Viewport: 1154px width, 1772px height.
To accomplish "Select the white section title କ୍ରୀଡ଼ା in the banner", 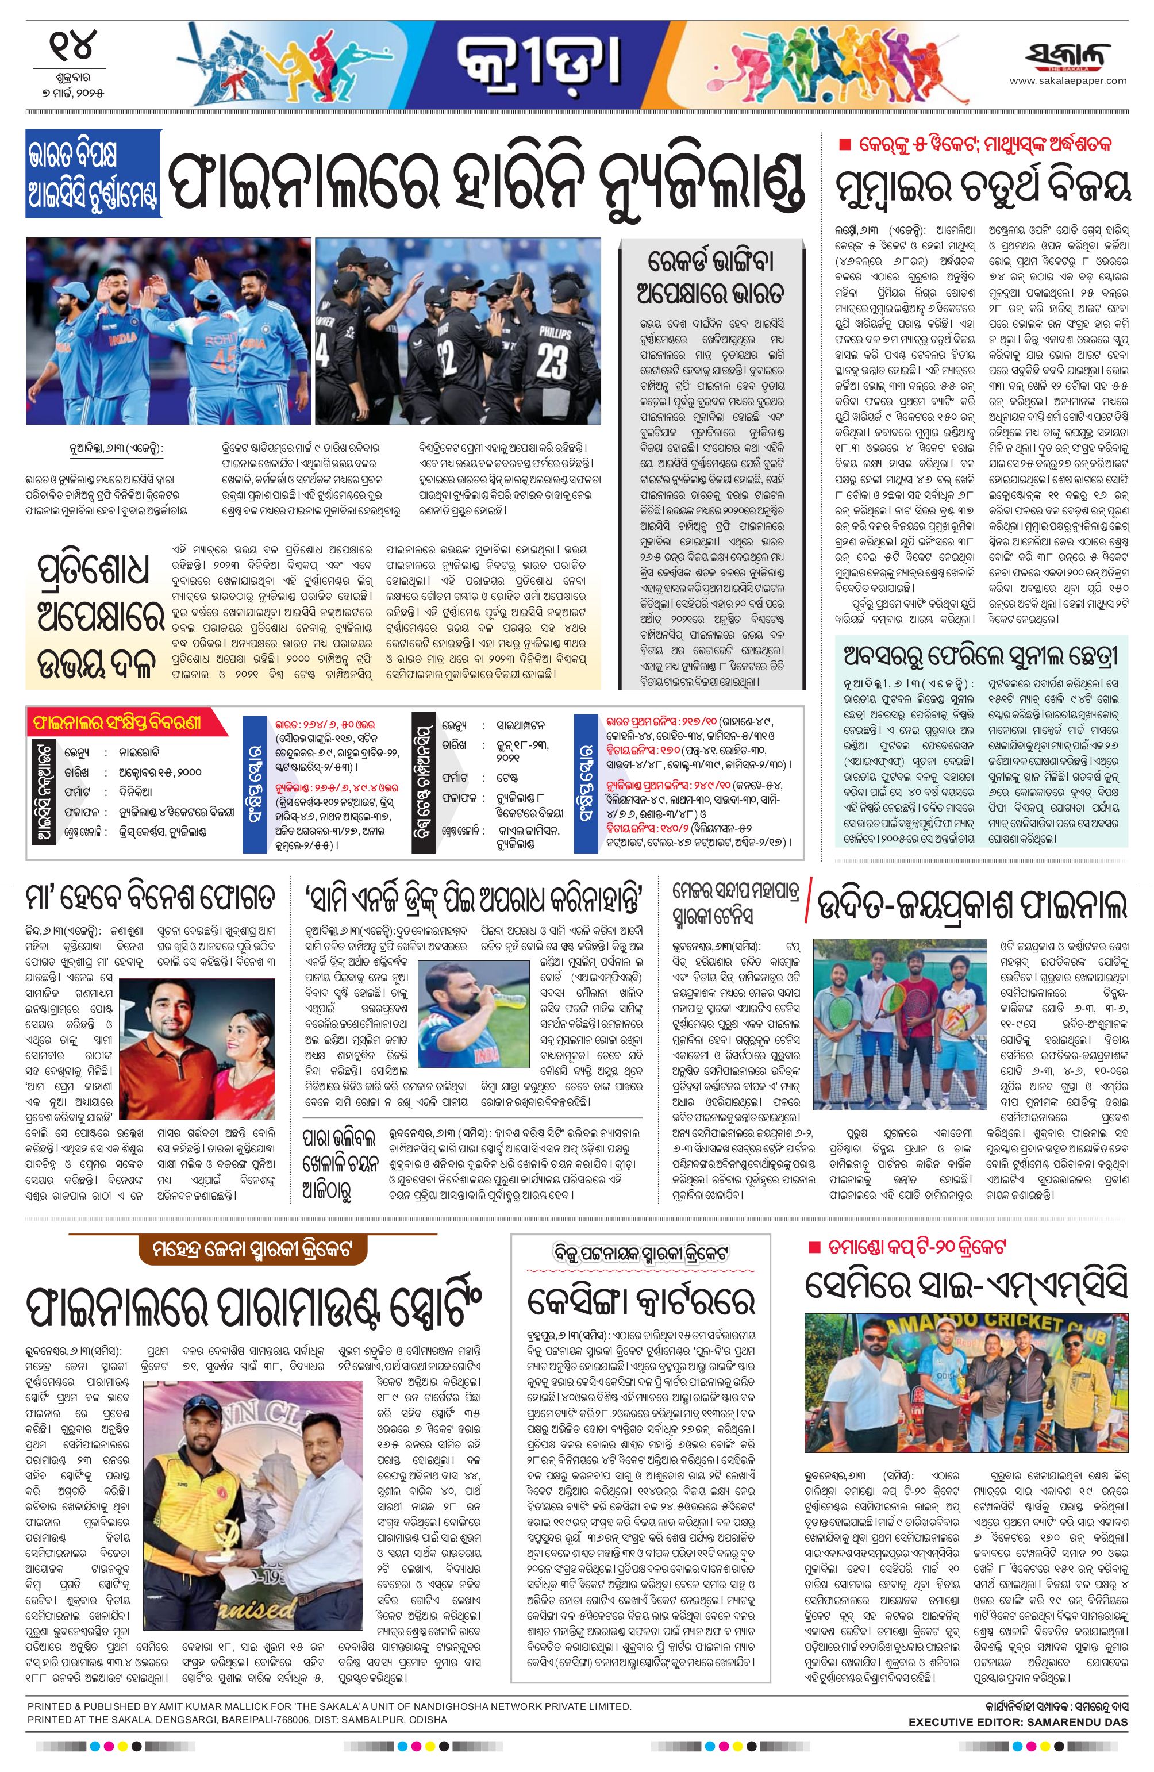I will tap(540, 64).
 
